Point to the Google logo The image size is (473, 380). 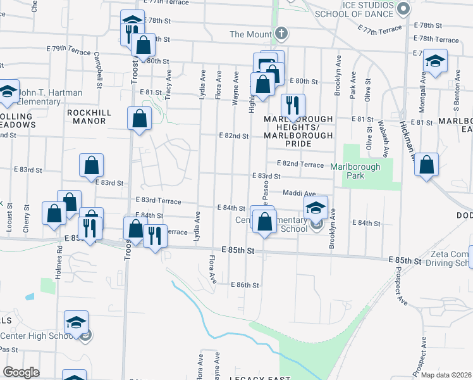click(21, 372)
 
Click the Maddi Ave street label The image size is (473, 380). click(299, 194)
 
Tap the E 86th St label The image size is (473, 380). click(245, 286)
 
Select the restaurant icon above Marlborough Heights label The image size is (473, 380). click(293, 106)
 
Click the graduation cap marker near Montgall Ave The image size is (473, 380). click(435, 62)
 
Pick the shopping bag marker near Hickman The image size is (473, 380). click(427, 165)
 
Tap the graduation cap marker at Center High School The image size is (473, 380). click(76, 323)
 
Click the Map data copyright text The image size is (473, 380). click(446, 375)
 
